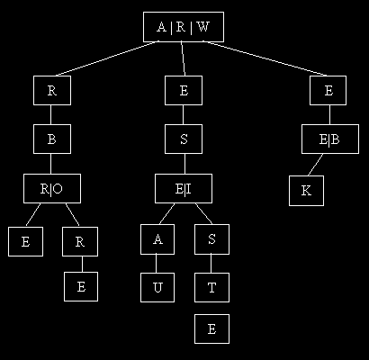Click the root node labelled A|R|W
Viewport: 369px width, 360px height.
coord(184,27)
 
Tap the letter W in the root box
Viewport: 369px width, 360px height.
coord(203,27)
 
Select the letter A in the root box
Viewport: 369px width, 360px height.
coord(161,27)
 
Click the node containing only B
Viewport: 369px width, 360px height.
coord(52,139)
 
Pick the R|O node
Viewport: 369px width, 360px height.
coord(52,188)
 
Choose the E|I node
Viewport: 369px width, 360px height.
coord(184,188)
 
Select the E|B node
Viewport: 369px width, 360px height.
coord(330,139)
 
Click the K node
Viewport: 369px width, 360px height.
coord(306,191)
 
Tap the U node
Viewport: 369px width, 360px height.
coord(157,287)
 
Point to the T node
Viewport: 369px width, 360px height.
coord(211,287)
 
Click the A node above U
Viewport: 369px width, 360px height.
coord(157,239)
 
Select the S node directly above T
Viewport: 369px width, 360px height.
coord(211,239)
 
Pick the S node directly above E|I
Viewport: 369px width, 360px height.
coord(184,139)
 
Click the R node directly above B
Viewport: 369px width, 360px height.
coord(52,90)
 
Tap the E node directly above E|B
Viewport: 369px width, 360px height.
coord(328,90)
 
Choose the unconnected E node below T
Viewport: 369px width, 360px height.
coord(211,328)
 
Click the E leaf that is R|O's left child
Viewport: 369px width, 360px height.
coord(25,242)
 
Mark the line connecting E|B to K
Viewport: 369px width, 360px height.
coord(315,165)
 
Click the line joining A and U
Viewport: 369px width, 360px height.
coord(156,264)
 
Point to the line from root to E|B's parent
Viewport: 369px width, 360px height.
coord(265,58)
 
